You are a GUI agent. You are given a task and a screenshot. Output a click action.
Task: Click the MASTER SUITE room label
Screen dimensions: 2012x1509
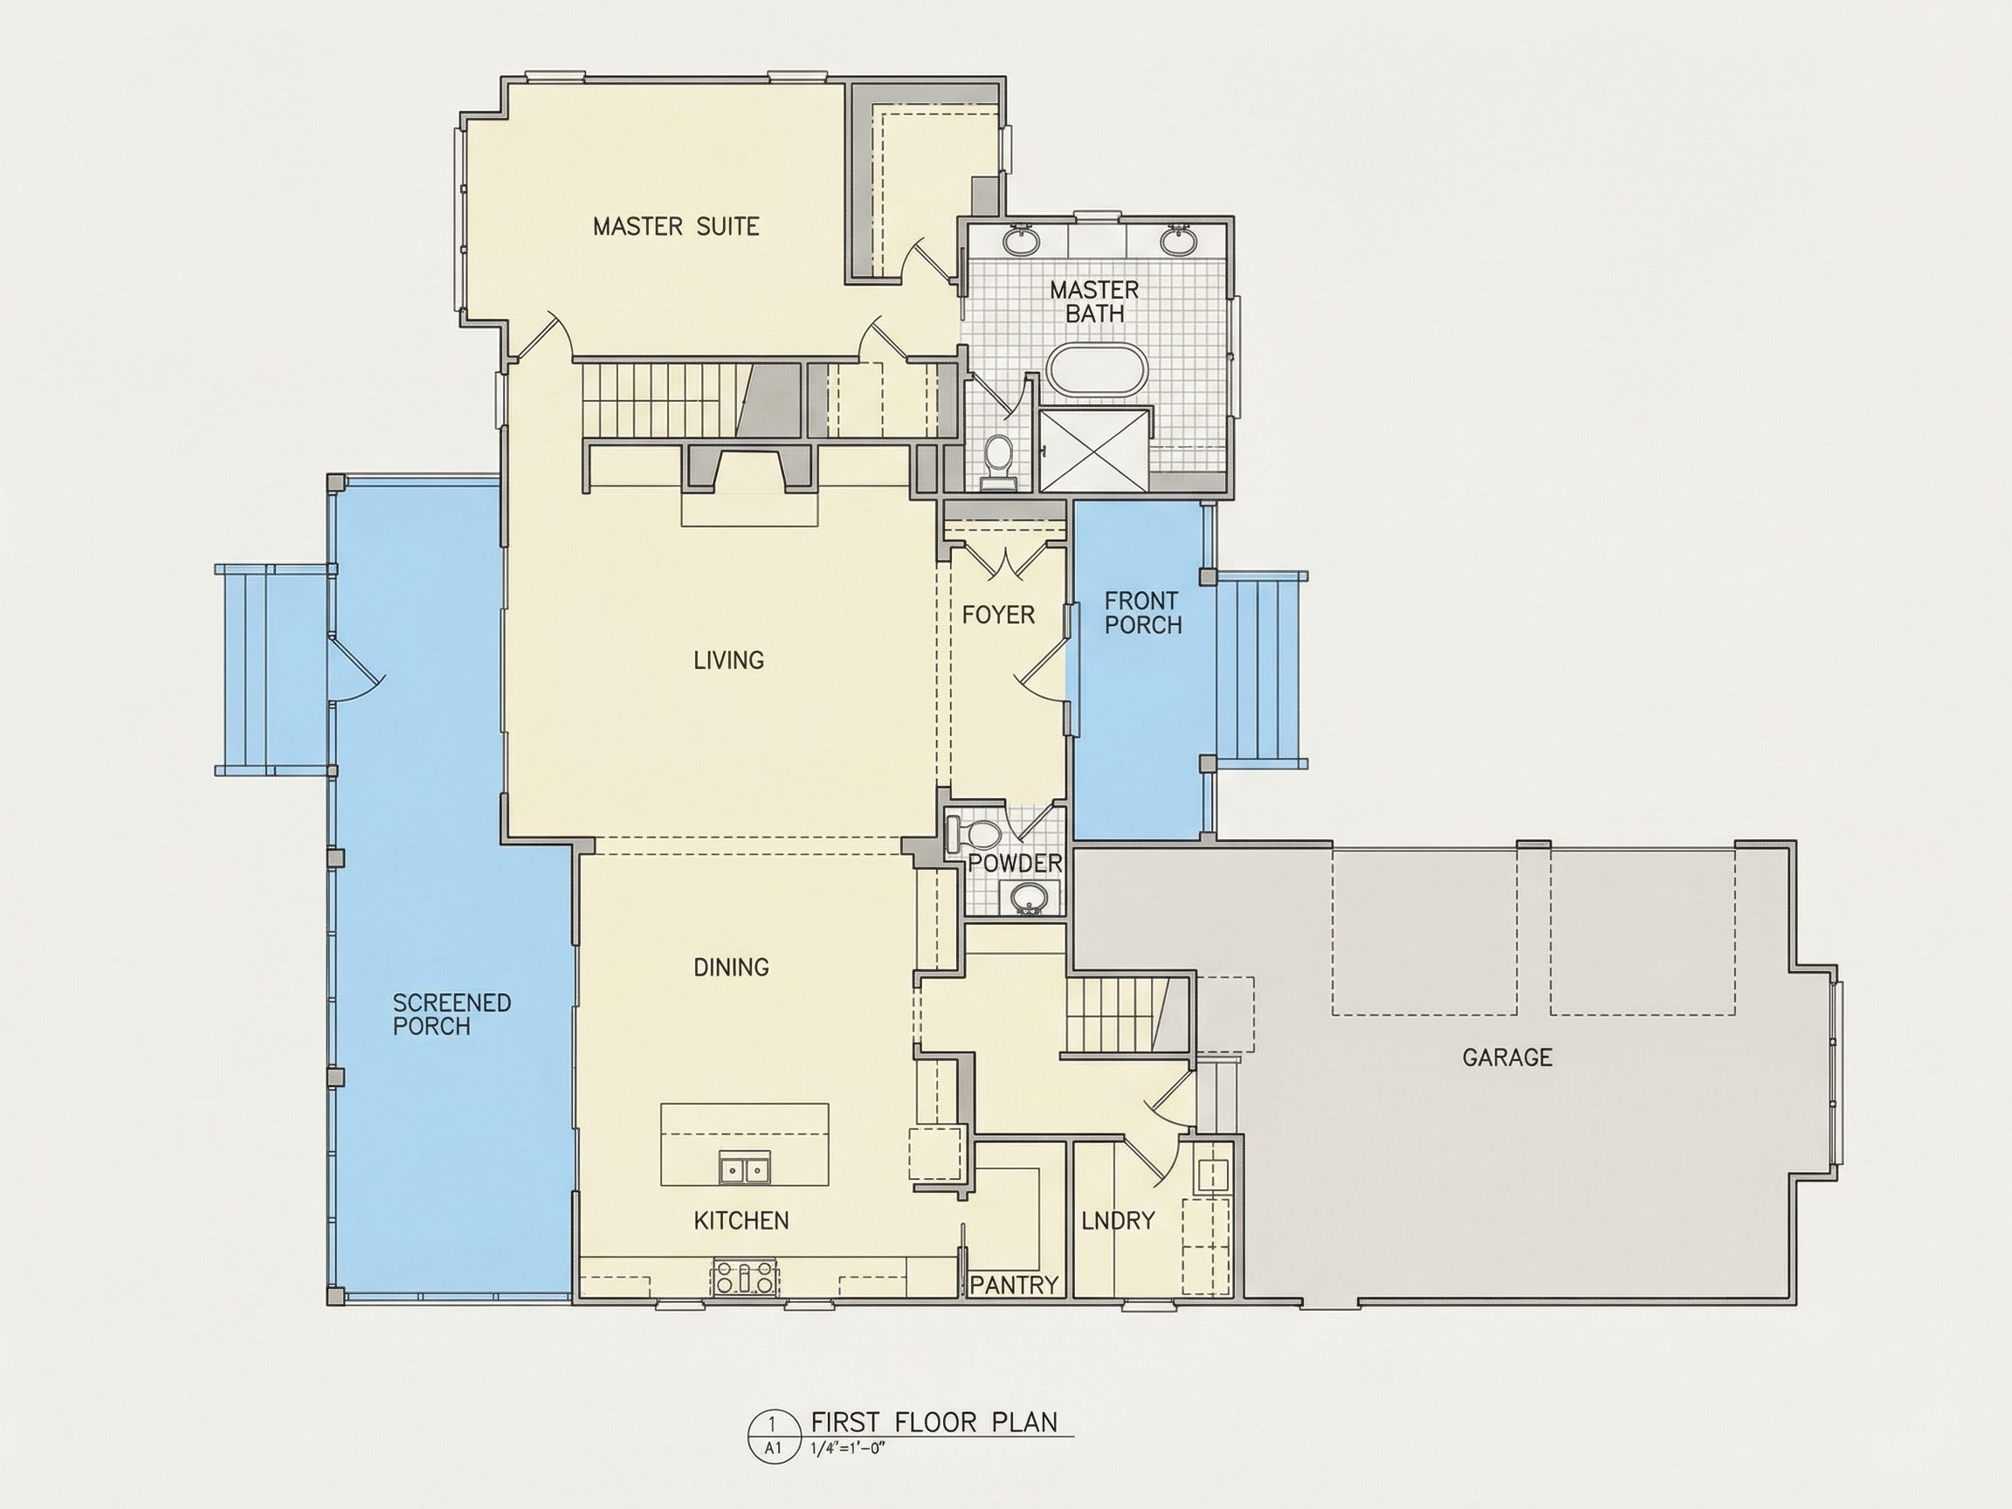[676, 225]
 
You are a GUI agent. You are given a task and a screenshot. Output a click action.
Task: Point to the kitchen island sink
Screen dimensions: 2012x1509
[744, 1167]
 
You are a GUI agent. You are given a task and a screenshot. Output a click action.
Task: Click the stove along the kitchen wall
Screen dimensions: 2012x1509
[745, 1277]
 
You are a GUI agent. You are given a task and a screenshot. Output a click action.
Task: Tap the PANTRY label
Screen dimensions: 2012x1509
[1014, 1285]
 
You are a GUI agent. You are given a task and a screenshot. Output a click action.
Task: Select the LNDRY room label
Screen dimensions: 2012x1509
[1118, 1221]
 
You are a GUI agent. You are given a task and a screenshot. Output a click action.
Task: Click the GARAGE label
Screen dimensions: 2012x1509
[1507, 1057]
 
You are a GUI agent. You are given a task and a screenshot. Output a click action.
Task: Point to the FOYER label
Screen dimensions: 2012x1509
[999, 615]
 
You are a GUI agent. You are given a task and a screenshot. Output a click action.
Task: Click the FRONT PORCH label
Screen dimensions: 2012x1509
[1143, 612]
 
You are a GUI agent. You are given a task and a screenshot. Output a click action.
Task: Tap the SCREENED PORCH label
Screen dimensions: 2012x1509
[451, 1014]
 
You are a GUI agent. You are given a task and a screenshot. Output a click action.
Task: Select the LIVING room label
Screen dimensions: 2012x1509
[728, 659]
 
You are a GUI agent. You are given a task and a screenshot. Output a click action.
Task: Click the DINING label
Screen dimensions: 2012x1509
[731, 967]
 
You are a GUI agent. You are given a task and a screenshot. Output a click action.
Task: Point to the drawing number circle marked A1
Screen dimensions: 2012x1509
[773, 1436]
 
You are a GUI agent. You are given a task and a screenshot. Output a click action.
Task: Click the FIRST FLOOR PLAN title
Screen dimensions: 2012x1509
[934, 1422]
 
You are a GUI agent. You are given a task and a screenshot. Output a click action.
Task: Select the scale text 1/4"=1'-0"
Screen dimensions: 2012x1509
[847, 1449]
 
